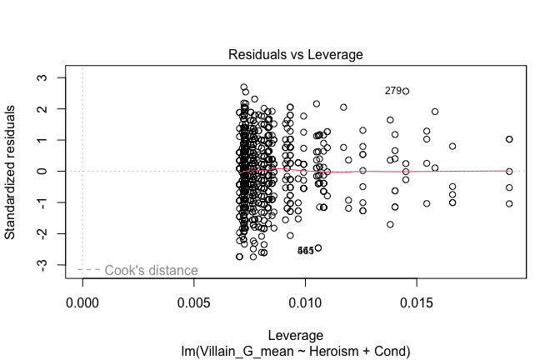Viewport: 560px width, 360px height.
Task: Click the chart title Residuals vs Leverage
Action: (295, 55)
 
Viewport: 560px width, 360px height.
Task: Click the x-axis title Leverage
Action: (295, 335)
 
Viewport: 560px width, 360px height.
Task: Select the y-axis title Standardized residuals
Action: (12, 171)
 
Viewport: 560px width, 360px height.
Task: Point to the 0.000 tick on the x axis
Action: (82, 298)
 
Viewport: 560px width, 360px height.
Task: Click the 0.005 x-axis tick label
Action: (193, 298)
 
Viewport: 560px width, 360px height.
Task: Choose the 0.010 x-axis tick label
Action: (305, 298)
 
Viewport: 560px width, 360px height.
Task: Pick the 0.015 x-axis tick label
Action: (416, 298)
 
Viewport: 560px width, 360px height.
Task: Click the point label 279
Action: (392, 91)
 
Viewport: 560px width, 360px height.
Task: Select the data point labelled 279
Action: (406, 91)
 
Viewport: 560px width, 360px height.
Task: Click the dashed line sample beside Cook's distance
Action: (89, 270)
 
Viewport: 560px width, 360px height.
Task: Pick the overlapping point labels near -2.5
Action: (306, 251)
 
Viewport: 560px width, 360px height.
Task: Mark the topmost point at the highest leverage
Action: (509, 139)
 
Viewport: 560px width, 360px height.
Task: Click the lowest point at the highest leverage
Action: (509, 203)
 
